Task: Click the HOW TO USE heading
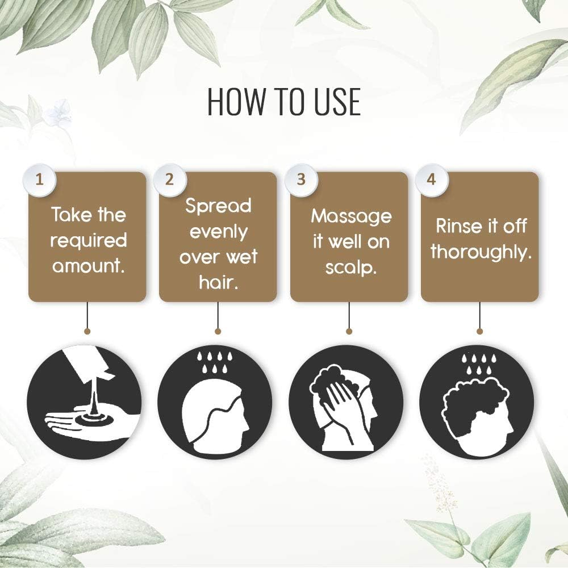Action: tap(284, 101)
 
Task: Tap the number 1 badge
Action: tap(40, 180)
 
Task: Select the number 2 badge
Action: tap(169, 180)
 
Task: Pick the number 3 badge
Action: tap(301, 180)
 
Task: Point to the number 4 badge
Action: tap(431, 180)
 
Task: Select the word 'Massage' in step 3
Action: tap(352, 217)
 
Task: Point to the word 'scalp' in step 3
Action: tap(349, 268)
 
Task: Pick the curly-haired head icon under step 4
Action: tap(477, 414)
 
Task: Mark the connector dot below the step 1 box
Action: tap(87, 331)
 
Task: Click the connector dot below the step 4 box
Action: tap(480, 331)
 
